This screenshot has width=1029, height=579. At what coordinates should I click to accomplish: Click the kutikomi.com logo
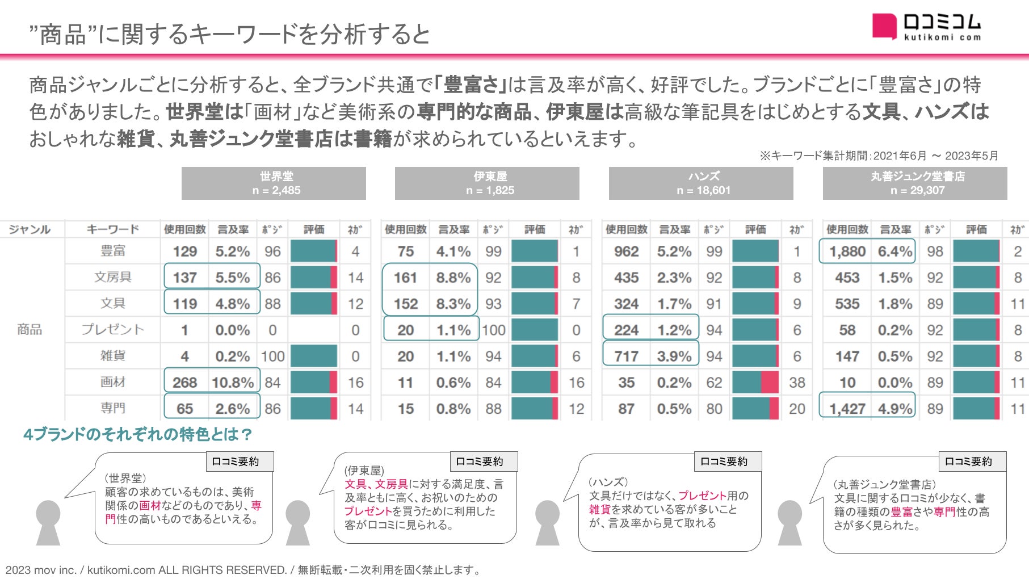(x=926, y=27)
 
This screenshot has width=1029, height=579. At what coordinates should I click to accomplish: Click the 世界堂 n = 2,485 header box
(x=274, y=183)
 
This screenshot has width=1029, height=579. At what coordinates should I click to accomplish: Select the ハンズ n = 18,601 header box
(x=701, y=183)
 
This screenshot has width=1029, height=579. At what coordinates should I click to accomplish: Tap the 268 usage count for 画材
(x=184, y=383)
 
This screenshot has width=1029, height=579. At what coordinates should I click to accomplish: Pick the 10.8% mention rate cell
(x=233, y=383)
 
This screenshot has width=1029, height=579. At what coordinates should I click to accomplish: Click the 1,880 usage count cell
(x=847, y=251)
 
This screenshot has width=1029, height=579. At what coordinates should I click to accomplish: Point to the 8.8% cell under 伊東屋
(x=453, y=278)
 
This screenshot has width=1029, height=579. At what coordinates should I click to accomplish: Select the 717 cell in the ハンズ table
(x=626, y=356)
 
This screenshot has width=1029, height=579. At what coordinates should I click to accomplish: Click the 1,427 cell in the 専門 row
(x=847, y=409)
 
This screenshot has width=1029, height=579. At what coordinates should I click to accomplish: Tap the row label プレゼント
(x=112, y=329)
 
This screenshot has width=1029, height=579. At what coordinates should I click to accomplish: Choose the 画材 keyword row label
(x=112, y=382)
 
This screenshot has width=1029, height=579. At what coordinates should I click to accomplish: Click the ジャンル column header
(x=30, y=229)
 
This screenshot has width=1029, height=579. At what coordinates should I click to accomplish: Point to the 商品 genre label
(x=30, y=329)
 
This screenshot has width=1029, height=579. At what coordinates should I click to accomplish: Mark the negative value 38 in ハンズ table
(x=797, y=383)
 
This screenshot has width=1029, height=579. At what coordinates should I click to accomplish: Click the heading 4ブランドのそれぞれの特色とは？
(x=138, y=435)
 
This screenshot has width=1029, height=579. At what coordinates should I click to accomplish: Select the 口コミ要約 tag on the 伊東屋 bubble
(x=480, y=461)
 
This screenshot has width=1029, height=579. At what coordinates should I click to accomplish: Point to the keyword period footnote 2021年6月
(x=879, y=156)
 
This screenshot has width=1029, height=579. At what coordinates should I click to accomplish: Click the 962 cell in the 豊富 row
(x=626, y=251)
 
